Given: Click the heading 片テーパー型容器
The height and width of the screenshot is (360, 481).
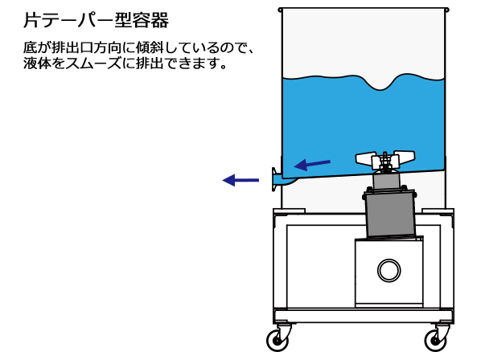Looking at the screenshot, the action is (x=96, y=20).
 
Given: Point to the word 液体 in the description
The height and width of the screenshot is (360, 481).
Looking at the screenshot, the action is (x=37, y=63).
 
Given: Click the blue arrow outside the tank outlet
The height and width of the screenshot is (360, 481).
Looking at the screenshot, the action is (x=240, y=180).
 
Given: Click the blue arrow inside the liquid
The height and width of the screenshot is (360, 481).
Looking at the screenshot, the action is (x=312, y=165).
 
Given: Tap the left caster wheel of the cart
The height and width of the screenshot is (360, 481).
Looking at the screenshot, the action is (x=278, y=339).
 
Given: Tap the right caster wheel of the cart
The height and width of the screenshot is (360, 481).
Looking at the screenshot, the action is (x=436, y=339).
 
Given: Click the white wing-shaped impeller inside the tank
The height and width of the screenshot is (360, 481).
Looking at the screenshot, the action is (x=385, y=159).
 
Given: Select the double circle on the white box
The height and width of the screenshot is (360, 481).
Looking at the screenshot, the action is (x=388, y=271).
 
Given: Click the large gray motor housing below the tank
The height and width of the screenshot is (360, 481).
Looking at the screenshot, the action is (x=389, y=215).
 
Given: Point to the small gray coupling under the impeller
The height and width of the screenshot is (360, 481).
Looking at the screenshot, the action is (x=387, y=181).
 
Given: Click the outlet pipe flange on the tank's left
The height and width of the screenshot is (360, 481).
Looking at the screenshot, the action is (x=274, y=179).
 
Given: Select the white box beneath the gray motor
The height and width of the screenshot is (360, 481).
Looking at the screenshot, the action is (x=388, y=272).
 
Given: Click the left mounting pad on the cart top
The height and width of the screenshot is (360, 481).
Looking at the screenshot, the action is (x=290, y=211).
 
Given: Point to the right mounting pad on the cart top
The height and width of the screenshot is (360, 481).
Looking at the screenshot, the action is (x=438, y=211).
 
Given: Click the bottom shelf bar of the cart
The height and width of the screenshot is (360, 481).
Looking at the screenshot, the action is (x=364, y=316).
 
